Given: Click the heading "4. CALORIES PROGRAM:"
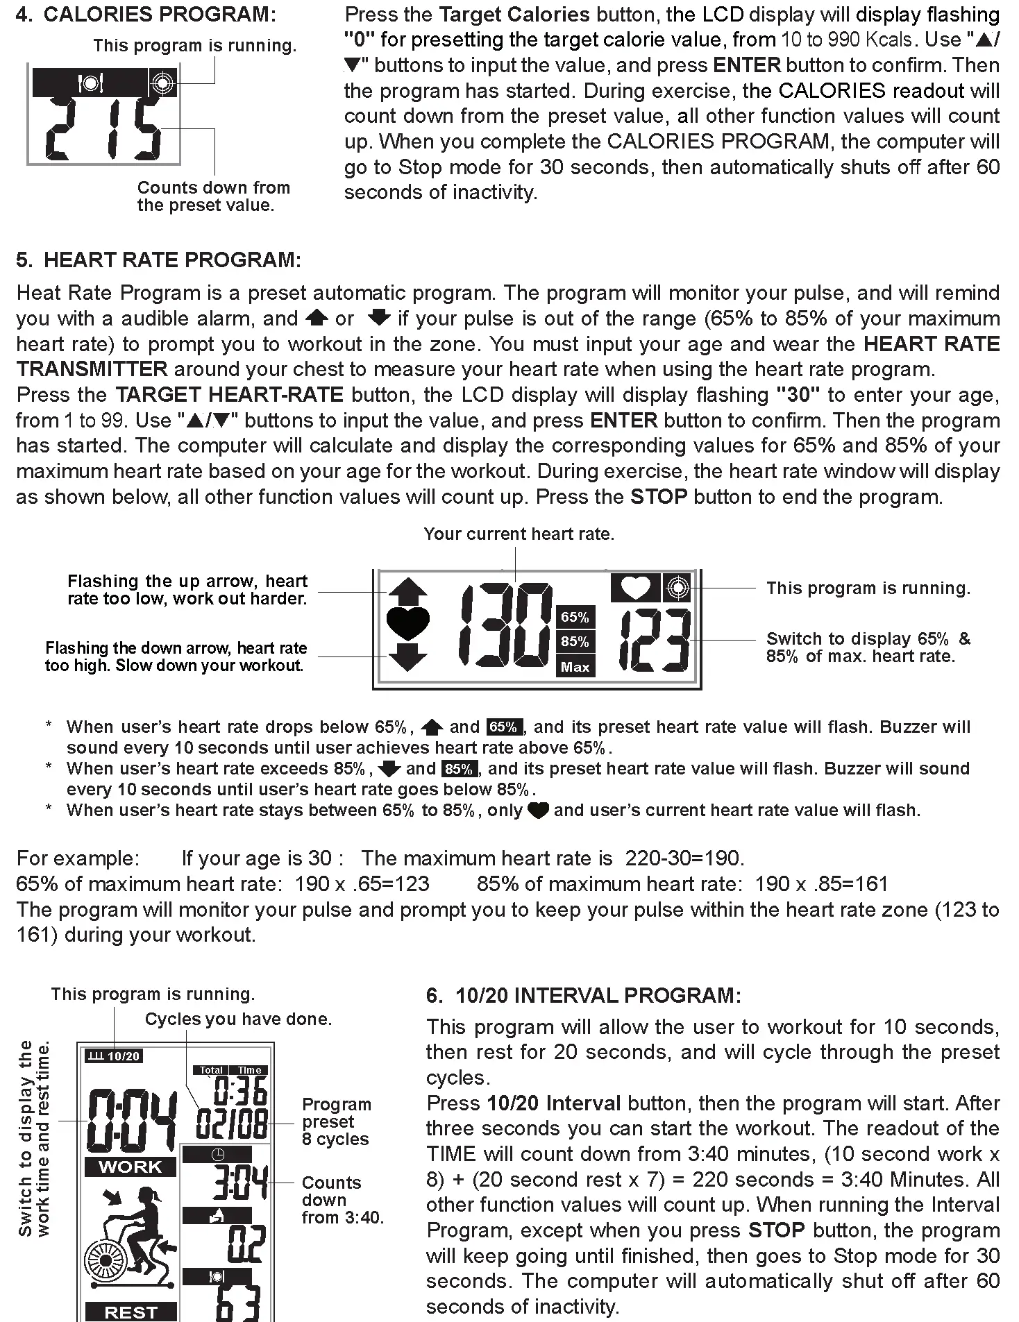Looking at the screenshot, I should coord(146,15).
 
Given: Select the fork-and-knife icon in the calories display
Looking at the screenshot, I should coord(90,83).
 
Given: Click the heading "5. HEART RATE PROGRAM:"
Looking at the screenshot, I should coord(158,260).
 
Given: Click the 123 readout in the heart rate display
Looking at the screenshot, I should coord(655,640).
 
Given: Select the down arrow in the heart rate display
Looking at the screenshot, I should coord(408,656).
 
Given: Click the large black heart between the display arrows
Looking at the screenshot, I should coord(408,622).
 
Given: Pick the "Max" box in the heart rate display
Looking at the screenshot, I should coord(575,667).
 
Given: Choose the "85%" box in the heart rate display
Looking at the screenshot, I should coord(575,641).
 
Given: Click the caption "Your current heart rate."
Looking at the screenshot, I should coord(519,534).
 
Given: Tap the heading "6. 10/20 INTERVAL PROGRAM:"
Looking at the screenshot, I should coord(584,996).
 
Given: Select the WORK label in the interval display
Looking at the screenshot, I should coord(130,1167).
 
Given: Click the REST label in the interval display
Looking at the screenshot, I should coord(130,1312).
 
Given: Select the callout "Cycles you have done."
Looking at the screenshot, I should coord(238,1019).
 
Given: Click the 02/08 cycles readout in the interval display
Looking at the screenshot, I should coord(232,1124).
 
